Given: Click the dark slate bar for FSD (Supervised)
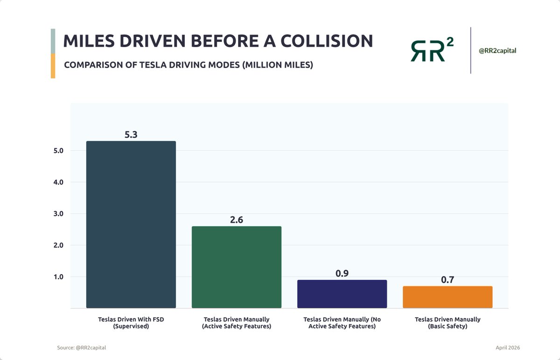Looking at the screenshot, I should tap(131, 224).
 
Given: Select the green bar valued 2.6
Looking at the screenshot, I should tap(236, 267).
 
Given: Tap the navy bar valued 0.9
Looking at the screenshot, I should tap(342, 294).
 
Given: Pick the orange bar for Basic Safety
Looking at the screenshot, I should tap(447, 297).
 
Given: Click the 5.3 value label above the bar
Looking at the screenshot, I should tap(131, 134).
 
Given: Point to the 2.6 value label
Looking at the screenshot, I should tap(236, 220).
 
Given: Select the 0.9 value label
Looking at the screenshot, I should tap(342, 273).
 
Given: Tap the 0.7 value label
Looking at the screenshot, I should tap(447, 280).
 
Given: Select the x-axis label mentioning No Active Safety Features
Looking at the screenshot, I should tap(342, 323).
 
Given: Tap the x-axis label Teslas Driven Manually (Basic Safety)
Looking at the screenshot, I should tap(447, 323).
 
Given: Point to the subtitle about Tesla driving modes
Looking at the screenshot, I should tap(188, 65).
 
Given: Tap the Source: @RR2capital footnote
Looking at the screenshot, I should tap(82, 348).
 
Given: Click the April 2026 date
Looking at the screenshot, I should tap(508, 348).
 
